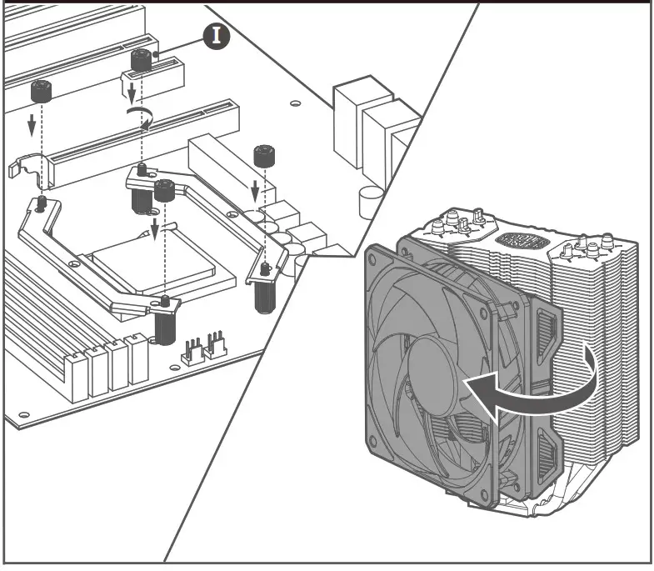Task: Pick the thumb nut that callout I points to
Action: [x=141, y=61]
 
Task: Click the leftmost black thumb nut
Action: [x=38, y=90]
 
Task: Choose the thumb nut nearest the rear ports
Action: [x=264, y=156]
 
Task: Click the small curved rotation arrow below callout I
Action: [x=141, y=117]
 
